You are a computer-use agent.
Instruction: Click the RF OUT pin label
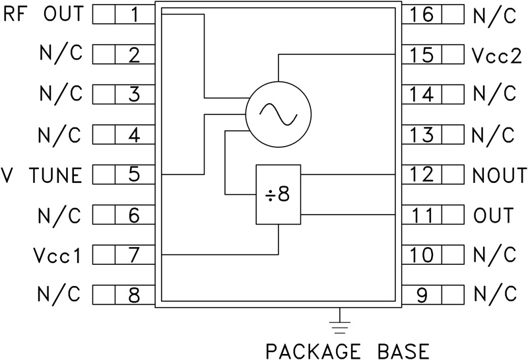point(44,14)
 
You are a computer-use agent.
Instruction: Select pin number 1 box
point(134,15)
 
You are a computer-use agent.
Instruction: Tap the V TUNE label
point(44,175)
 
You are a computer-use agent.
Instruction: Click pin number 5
point(134,175)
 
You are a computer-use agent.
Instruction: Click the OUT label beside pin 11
point(493,215)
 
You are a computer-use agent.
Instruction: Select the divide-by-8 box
point(278,196)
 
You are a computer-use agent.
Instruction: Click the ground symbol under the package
point(339,324)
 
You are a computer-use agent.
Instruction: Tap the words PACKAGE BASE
point(346,348)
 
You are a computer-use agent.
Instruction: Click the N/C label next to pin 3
point(60,94)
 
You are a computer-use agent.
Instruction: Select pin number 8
point(134,295)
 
